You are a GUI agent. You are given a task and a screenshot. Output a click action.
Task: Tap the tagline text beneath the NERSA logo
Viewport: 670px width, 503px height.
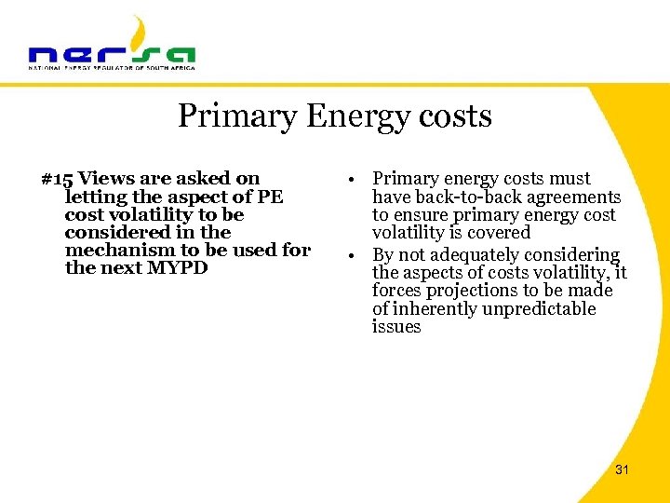(x=112, y=68)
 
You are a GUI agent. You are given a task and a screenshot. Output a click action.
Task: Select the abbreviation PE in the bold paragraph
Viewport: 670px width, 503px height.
(x=269, y=197)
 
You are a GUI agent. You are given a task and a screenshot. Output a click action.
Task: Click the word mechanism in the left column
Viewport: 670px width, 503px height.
(x=118, y=250)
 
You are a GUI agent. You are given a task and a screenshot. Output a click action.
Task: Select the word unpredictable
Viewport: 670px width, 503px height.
(x=540, y=308)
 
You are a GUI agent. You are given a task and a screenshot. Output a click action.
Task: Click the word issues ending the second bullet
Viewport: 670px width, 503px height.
(x=396, y=327)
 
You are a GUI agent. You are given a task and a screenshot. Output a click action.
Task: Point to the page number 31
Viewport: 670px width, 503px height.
(x=622, y=469)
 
